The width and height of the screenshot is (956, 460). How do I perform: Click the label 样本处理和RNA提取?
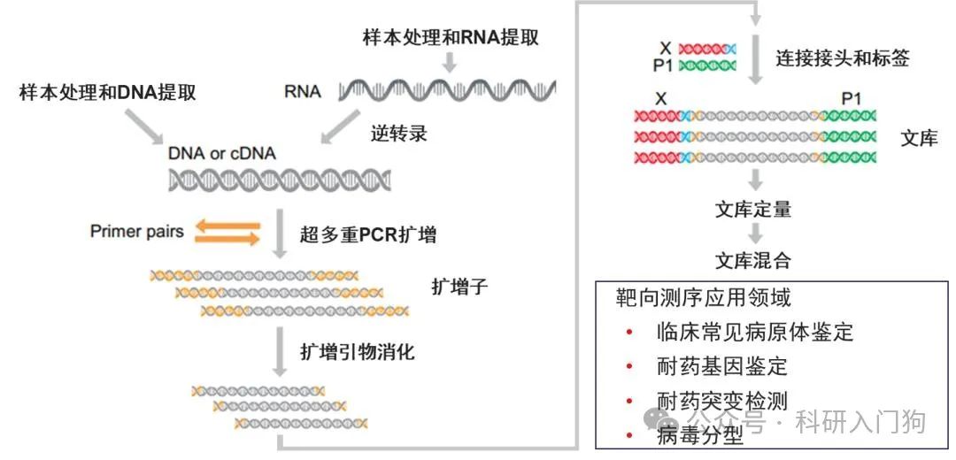click(451, 38)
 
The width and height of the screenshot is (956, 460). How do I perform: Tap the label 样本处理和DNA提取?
click(108, 92)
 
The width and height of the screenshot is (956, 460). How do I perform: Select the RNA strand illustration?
click(446, 90)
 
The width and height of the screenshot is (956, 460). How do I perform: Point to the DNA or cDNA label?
click(221, 153)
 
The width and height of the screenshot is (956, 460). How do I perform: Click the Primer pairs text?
click(137, 232)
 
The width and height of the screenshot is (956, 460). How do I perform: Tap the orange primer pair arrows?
click(227, 232)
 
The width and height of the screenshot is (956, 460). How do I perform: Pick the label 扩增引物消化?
click(358, 351)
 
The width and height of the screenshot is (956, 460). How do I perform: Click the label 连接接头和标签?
click(843, 58)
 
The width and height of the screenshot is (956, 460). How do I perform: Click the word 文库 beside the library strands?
click(918, 138)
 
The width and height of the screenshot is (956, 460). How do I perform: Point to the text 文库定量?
click(752, 210)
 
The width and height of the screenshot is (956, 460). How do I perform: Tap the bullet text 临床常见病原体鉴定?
click(755, 333)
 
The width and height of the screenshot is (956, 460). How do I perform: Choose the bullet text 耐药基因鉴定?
click(722, 366)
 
